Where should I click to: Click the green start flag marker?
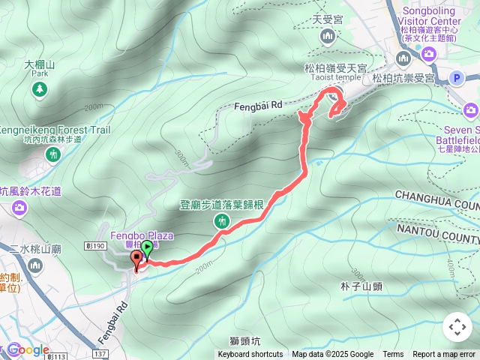coord(148,248)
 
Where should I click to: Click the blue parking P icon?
coord(456,76)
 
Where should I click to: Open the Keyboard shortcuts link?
coord(250,355)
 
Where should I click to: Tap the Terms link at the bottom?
coord(393,355)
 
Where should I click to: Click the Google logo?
coord(28,350)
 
